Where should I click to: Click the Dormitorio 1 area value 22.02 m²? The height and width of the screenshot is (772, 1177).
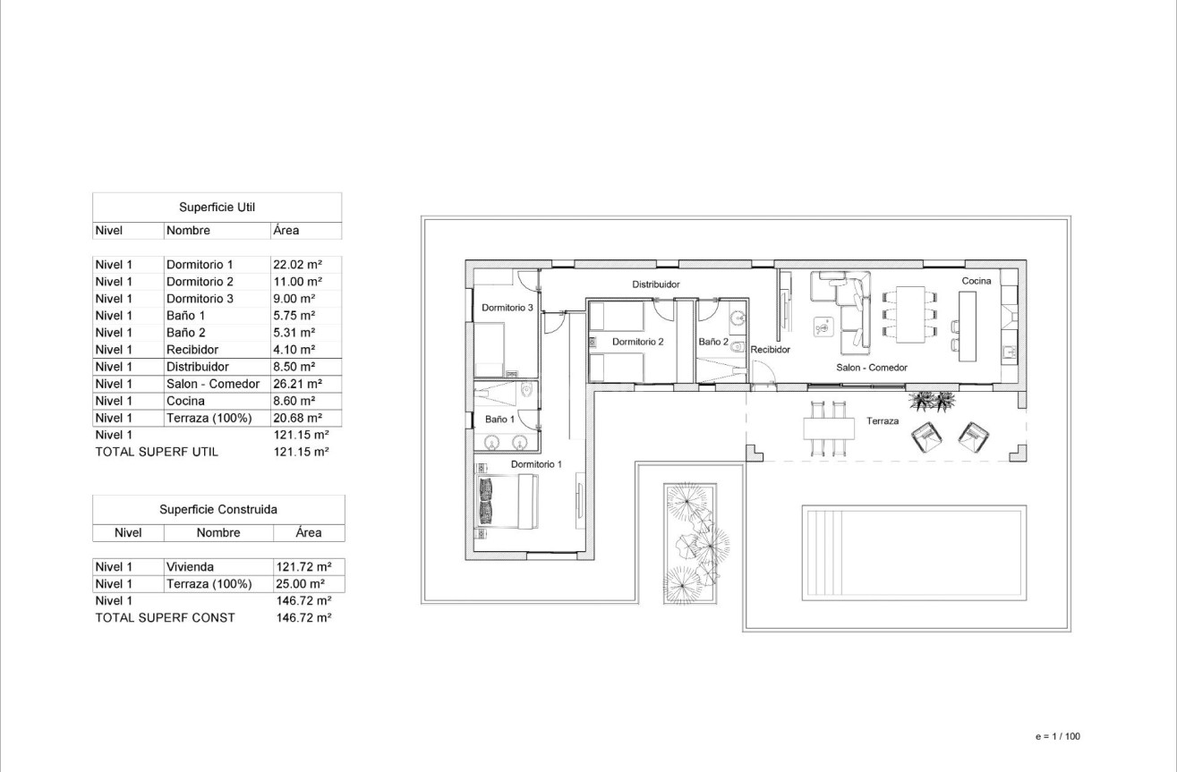click(296, 265)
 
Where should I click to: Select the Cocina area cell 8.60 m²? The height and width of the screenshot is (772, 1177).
click(294, 401)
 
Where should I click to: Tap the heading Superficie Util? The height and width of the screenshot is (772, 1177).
click(217, 208)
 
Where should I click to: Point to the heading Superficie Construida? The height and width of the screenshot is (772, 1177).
click(218, 509)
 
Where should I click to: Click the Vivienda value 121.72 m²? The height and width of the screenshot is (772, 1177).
click(304, 567)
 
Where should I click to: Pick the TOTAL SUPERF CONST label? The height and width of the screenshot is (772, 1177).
click(165, 618)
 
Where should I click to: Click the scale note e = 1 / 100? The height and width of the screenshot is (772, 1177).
click(1057, 737)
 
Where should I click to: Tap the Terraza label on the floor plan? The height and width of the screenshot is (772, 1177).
click(882, 420)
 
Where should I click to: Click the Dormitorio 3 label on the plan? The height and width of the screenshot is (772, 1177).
click(507, 308)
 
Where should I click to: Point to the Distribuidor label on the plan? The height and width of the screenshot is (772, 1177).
click(656, 284)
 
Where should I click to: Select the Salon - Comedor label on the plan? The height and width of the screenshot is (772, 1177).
click(872, 368)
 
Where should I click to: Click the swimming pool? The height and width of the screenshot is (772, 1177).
click(913, 553)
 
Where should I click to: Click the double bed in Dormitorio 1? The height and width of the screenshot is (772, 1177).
click(507, 501)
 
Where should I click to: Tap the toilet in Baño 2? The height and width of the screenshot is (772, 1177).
click(738, 348)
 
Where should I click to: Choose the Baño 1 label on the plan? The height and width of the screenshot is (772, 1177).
click(499, 419)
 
